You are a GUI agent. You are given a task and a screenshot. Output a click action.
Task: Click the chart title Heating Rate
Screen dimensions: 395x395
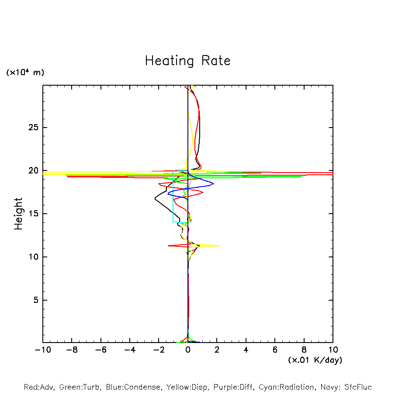[x=187, y=61]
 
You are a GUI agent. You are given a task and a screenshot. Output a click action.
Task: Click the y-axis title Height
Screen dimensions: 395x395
[x=18, y=214]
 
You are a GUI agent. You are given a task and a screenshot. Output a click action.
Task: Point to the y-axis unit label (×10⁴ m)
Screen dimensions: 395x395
[x=25, y=73]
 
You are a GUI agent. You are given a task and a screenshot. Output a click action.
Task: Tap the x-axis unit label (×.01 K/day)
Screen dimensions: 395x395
[x=315, y=360]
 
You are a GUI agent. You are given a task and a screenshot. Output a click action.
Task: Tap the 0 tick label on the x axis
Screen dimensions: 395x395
[x=188, y=350]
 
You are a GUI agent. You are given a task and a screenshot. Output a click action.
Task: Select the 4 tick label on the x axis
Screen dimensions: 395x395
[x=246, y=350]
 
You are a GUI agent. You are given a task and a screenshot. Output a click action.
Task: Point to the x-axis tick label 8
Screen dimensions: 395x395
[x=304, y=350]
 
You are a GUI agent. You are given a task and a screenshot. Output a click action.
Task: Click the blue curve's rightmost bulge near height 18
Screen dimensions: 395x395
[x=213, y=184]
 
